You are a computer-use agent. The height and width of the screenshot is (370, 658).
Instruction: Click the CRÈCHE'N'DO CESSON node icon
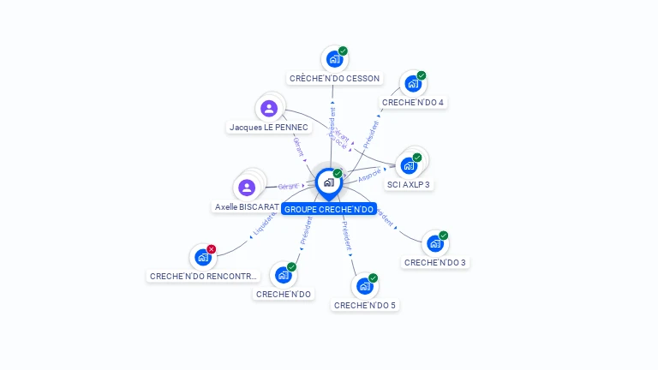click(334, 59)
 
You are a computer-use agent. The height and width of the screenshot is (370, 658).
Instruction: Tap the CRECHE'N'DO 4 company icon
click(412, 84)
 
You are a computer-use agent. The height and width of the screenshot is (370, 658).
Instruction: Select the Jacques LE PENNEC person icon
click(269, 108)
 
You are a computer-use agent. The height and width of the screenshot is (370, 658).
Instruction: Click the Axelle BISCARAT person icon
click(247, 188)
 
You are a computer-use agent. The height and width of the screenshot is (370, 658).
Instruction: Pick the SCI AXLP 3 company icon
click(409, 165)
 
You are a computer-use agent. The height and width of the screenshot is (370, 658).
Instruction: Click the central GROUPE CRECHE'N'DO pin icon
click(328, 182)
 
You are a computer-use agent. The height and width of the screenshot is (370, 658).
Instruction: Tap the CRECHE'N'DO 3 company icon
click(435, 244)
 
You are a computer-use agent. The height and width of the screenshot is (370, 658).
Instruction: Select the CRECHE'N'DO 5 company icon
click(364, 286)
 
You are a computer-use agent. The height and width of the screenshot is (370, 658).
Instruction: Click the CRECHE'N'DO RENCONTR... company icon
click(203, 256)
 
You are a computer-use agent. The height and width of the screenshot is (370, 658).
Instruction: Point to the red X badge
click(212, 249)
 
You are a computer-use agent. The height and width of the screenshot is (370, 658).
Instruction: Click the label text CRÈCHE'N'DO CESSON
click(334, 79)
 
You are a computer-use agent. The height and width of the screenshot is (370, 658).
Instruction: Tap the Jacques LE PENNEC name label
click(268, 127)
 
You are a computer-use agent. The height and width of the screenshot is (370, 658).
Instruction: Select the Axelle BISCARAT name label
click(246, 207)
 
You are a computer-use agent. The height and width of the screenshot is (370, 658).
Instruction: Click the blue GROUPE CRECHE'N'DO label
click(329, 209)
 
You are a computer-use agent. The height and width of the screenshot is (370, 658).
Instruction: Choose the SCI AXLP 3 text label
click(409, 184)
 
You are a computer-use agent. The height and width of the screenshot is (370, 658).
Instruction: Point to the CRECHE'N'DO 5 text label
click(365, 305)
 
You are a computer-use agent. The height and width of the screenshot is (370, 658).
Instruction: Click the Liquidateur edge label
click(264, 224)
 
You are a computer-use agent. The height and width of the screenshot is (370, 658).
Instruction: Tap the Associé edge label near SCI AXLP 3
click(369, 176)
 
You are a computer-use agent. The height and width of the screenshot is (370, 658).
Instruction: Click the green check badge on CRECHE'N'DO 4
click(422, 75)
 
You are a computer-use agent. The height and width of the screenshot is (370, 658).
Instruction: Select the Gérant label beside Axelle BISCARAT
click(289, 186)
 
